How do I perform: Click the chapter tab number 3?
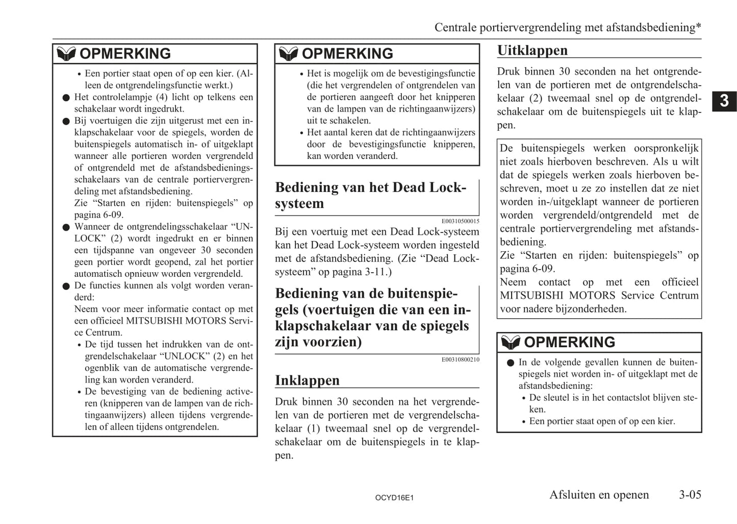coord(724,101)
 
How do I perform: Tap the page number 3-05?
coord(690,494)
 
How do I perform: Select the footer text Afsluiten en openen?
coord(599,494)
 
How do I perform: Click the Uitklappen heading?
coord(532,51)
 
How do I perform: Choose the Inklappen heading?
coord(307,380)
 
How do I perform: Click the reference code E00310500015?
coord(460,221)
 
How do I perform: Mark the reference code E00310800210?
coord(460,360)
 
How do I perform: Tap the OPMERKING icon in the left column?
coord(66,54)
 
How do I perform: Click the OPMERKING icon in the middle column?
coord(289,54)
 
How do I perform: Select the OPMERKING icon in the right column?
coord(511,342)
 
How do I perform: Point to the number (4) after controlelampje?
coord(161,97)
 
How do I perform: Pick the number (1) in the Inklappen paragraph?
coord(314,428)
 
